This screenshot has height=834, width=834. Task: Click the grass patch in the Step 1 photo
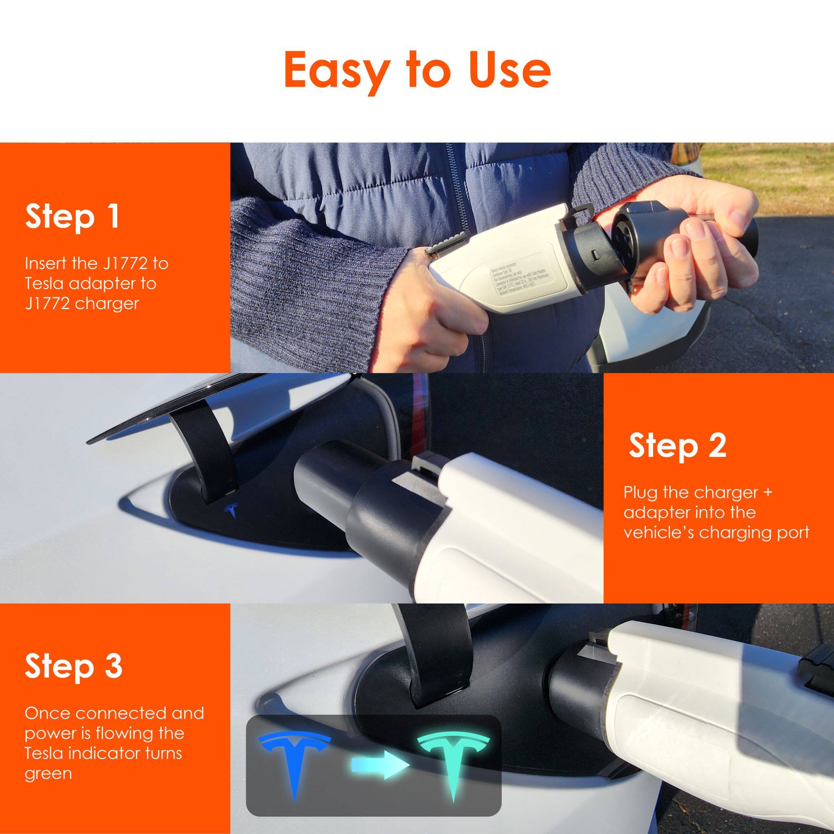click(x=777, y=173)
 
